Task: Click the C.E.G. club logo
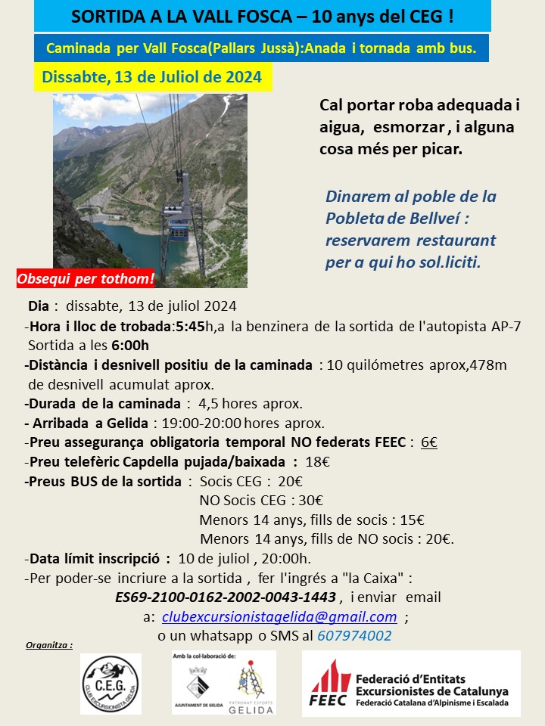[x=111, y=684]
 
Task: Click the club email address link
[x=279, y=616]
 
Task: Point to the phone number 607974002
[x=354, y=635]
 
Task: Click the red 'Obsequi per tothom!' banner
[x=86, y=278]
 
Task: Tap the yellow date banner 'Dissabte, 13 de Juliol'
[x=153, y=77]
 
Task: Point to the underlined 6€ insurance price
[x=429, y=442]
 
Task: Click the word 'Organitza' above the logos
[x=49, y=646]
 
